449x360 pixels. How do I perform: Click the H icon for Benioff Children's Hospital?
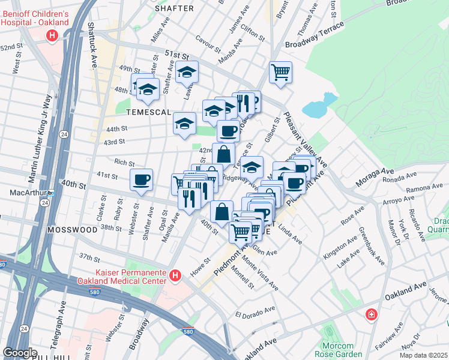(52, 36)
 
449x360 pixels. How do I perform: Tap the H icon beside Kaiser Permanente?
(175, 276)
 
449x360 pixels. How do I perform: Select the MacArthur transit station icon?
(51, 193)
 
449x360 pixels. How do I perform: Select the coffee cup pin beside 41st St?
(142, 179)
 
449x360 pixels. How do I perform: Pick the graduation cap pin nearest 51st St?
(187, 73)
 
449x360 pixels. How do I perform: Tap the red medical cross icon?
(372, 314)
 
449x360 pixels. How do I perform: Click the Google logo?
(20, 353)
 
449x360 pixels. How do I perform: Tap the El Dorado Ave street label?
(255, 312)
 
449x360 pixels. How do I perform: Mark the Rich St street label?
(124, 162)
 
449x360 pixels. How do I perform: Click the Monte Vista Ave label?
(262, 275)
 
